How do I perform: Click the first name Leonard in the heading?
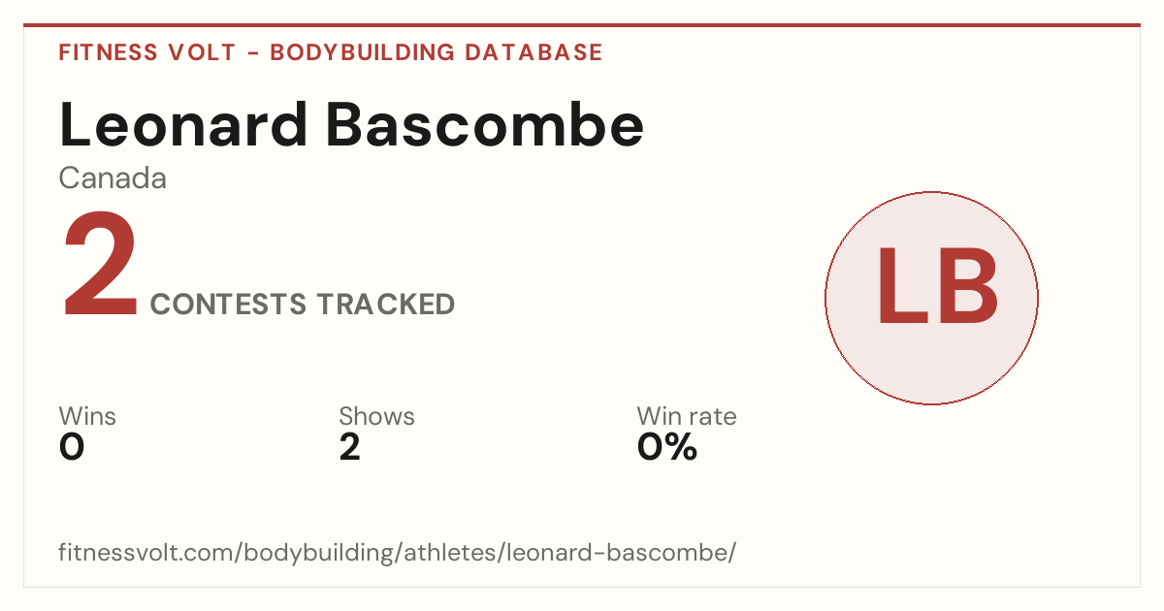point(183,125)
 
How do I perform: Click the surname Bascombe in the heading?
point(485,125)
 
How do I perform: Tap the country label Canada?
point(113,178)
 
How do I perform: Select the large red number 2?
point(100,264)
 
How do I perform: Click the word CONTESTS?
point(228,304)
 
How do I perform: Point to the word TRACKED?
point(386,304)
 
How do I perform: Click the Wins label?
point(87,416)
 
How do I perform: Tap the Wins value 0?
point(72,447)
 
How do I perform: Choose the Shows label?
point(376,416)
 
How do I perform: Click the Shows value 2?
point(350,447)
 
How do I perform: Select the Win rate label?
point(687,416)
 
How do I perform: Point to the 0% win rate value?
point(667,447)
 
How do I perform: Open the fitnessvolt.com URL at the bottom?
point(398,552)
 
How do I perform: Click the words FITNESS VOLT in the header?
point(147,52)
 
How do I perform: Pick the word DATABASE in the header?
point(533,52)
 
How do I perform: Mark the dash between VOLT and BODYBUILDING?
point(253,53)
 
